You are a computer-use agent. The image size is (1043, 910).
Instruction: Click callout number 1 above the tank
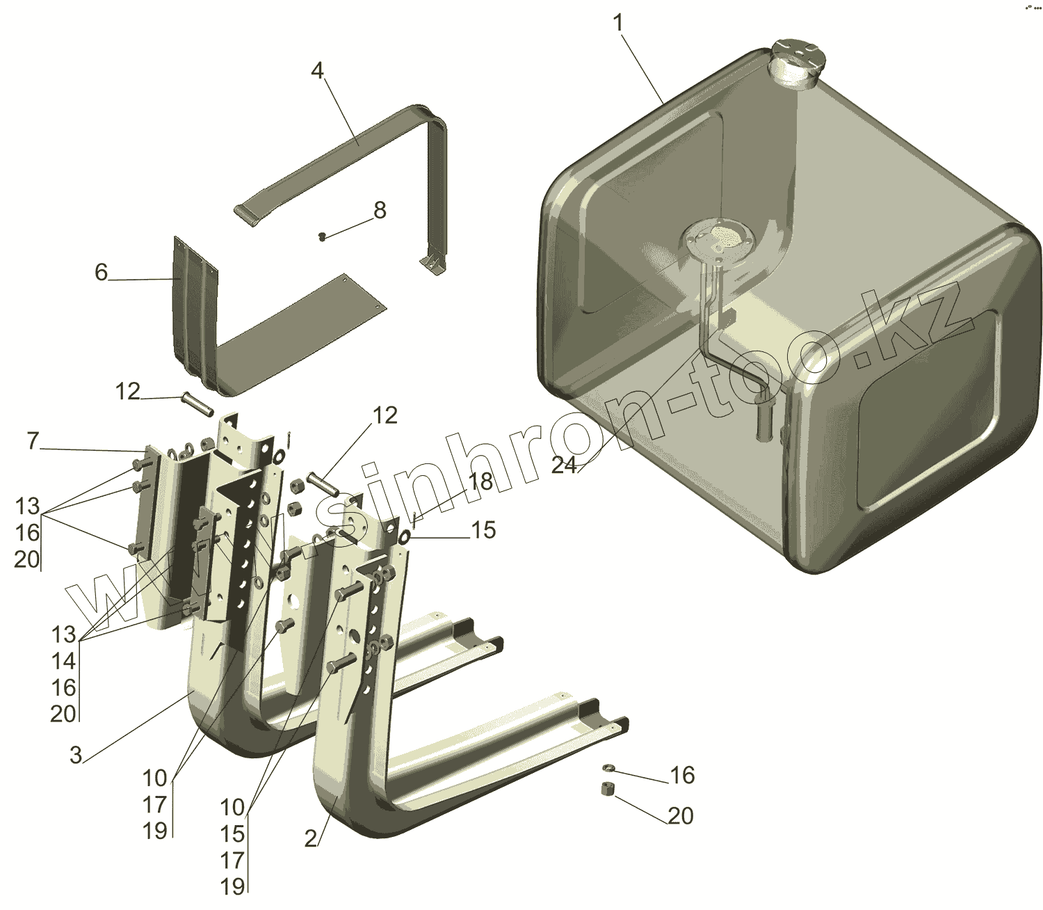click(x=618, y=23)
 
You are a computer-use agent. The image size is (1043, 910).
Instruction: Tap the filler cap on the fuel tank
click(x=796, y=61)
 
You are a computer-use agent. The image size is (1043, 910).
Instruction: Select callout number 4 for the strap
click(x=317, y=70)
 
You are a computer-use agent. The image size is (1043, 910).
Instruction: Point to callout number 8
click(x=380, y=210)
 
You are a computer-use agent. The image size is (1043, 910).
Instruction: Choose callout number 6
click(x=102, y=272)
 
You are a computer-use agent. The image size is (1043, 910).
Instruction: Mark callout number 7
click(x=32, y=441)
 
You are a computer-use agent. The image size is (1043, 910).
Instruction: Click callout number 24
click(x=564, y=465)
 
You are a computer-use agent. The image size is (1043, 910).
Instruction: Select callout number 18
click(x=480, y=481)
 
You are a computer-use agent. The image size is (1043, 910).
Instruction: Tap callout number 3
click(x=76, y=755)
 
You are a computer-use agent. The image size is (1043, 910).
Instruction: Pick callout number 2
click(x=311, y=839)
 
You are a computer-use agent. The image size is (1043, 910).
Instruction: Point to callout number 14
click(x=63, y=661)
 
